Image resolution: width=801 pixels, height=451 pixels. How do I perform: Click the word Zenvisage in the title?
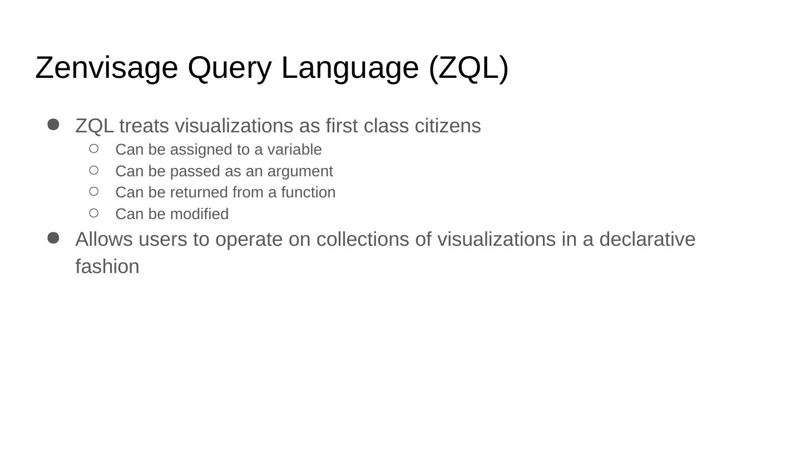[x=106, y=68]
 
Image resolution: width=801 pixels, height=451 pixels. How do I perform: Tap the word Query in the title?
[x=229, y=68]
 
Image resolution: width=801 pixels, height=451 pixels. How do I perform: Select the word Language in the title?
[x=350, y=68]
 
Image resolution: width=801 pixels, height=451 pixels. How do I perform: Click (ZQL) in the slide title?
[x=468, y=68]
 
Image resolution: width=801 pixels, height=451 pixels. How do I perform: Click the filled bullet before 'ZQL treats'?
[x=53, y=125]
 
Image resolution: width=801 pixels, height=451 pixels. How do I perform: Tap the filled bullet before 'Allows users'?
[x=53, y=238]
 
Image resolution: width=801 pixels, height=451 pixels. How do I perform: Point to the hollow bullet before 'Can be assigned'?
[x=93, y=148]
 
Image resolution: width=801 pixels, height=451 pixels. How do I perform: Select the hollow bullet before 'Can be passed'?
[x=93, y=170]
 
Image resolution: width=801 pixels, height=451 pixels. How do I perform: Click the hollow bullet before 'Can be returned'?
[x=93, y=191]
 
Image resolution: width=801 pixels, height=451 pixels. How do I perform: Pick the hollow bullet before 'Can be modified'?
[x=93, y=213]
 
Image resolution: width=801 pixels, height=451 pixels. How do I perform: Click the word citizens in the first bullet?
[x=448, y=126]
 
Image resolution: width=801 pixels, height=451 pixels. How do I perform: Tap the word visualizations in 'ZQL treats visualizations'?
[x=234, y=126]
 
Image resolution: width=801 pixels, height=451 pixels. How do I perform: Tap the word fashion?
[x=107, y=266]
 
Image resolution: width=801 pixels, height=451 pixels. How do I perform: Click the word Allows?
[x=104, y=239]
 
